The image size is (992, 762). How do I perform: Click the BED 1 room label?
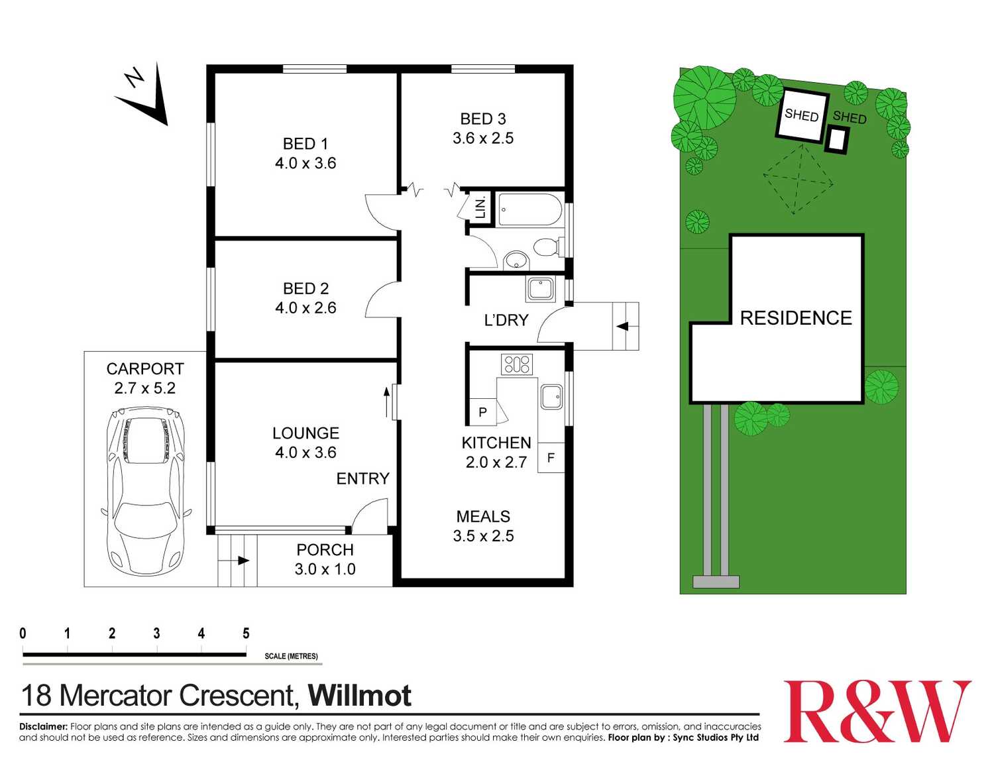(x=305, y=144)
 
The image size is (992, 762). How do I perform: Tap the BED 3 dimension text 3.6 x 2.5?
(x=483, y=138)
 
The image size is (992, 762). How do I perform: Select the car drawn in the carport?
(x=145, y=490)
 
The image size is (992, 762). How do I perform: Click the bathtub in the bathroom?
(x=529, y=209)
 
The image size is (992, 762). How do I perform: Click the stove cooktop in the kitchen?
(x=517, y=364)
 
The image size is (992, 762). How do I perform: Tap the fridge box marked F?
(x=551, y=458)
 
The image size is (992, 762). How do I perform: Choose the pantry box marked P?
(x=482, y=412)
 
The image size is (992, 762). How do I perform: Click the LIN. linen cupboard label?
(x=480, y=207)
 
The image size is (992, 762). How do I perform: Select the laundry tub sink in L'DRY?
(x=541, y=289)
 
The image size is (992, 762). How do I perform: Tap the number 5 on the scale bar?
(x=246, y=633)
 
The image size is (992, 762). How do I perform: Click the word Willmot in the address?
(x=360, y=696)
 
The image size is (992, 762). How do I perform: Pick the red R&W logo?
(x=877, y=712)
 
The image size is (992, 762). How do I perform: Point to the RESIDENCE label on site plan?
(x=796, y=318)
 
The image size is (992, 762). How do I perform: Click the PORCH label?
(x=325, y=550)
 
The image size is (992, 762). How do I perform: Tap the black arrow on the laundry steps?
(x=622, y=326)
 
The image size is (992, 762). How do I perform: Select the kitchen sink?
(x=551, y=397)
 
